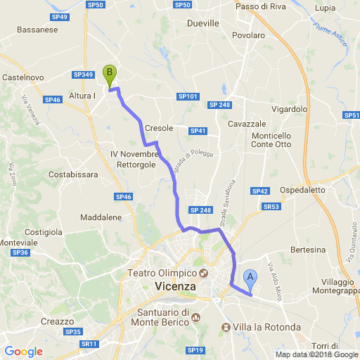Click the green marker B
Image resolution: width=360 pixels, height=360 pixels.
[109, 75]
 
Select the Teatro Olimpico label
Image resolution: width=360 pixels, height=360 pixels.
[161, 273]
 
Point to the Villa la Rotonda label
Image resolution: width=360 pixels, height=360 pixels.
[266, 328]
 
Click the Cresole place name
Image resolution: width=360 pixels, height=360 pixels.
[159, 129]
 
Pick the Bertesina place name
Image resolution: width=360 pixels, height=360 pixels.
[308, 250]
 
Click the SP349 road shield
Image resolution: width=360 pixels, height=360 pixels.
[83, 75]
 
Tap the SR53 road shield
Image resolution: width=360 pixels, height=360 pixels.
[271, 207]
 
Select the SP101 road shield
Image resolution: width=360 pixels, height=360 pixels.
[188, 96]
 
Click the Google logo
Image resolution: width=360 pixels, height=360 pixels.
[23, 352]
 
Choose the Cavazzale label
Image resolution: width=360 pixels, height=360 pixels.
[246, 124]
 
